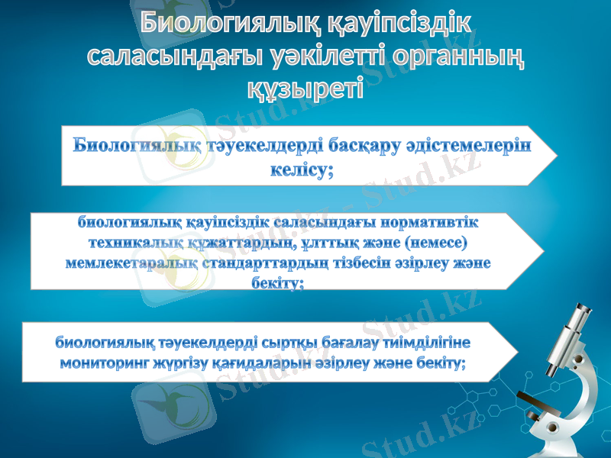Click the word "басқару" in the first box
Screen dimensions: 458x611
point(383,147)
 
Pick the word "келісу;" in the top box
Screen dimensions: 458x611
point(303,171)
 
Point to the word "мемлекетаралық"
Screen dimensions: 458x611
point(132,263)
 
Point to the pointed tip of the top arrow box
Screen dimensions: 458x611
point(557,157)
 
